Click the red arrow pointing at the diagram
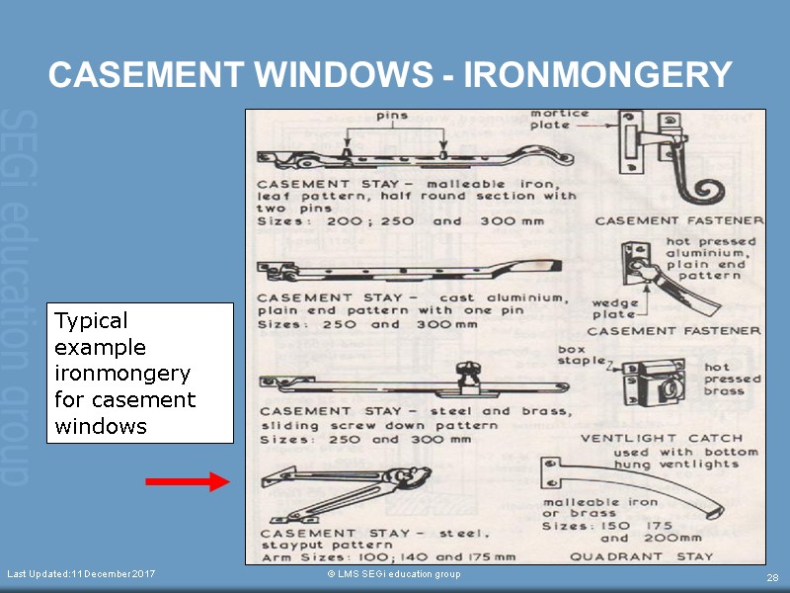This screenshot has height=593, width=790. click(x=187, y=481)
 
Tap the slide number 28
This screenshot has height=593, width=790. click(x=772, y=577)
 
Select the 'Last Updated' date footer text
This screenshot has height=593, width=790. click(x=81, y=574)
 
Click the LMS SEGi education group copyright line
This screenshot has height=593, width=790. click(x=394, y=574)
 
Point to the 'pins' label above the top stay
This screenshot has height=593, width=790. click(x=393, y=116)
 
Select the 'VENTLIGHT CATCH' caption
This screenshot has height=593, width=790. click(x=641, y=438)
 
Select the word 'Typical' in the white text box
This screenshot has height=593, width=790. click(x=91, y=321)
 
